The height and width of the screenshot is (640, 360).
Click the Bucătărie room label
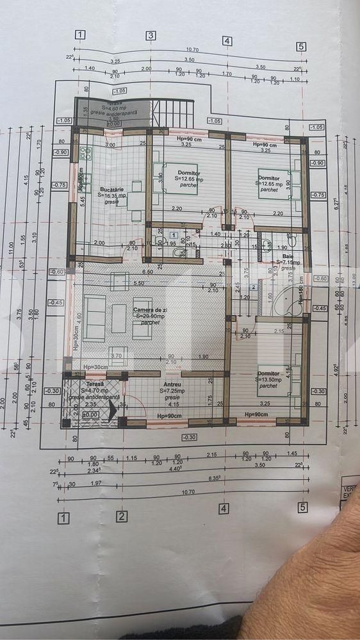pyautogui.click(x=111, y=190)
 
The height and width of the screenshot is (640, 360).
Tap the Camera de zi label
pyautogui.click(x=146, y=310)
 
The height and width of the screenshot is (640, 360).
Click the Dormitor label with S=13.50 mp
pyautogui.click(x=268, y=373)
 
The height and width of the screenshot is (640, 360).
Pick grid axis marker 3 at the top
pyautogui.click(x=151, y=36)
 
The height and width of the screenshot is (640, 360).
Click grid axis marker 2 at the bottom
pyautogui.click(x=122, y=517)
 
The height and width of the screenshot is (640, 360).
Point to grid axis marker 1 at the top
pyautogui.click(x=79, y=35)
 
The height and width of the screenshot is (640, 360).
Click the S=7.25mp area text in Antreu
pyautogui.click(x=170, y=390)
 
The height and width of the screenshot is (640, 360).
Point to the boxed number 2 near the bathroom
pyautogui.click(x=254, y=288)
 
